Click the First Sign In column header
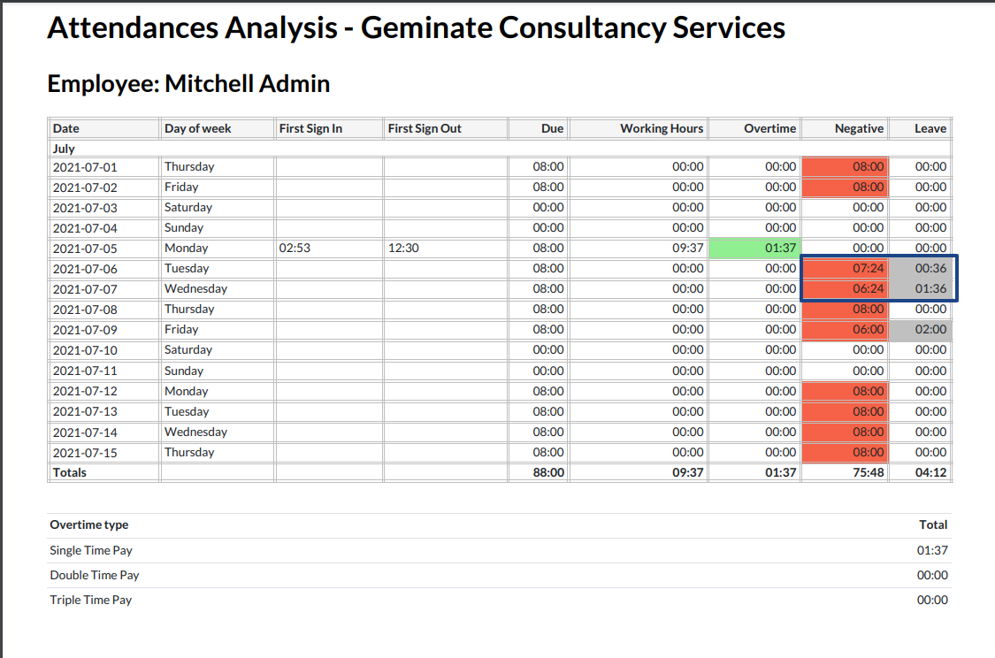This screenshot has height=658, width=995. pos(310,128)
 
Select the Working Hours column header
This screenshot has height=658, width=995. pos(662,128)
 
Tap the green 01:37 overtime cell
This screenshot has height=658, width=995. pos(754,249)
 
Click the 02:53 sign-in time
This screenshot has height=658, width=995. pos(295,249)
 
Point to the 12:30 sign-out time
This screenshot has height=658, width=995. pos(403,249)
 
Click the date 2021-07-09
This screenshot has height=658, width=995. pos(85,330)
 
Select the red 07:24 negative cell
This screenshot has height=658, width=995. pos(845,269)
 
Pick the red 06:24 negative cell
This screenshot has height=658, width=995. pos(845,289)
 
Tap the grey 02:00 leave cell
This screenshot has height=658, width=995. pos(921,330)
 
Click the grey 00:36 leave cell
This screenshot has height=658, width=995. pos(921,269)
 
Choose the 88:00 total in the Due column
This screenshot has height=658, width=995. pos(548,472)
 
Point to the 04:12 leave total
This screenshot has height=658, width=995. pos(930,472)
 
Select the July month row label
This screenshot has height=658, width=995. pos(64,149)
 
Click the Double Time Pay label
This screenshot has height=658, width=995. pos(95,575)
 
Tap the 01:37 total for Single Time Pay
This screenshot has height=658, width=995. pos(932,550)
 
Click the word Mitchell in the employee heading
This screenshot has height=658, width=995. pos(208,84)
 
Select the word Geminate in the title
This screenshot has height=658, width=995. pos(425,27)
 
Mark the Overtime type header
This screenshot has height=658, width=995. pos(89,524)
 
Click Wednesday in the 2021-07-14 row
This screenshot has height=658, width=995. pos(195,432)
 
